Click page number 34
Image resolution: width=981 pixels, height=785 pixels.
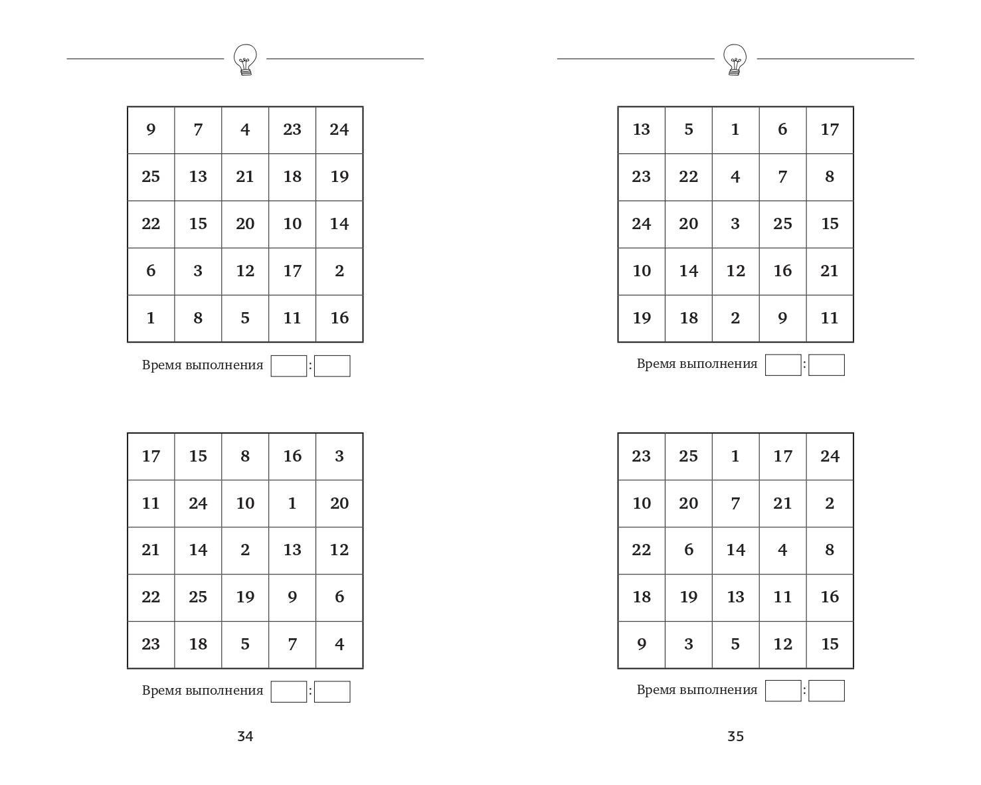click(x=245, y=736)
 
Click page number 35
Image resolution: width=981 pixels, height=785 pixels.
click(x=735, y=736)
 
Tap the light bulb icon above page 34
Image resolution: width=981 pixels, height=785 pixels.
click(x=245, y=60)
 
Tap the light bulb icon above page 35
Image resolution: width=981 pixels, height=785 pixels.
click(x=735, y=60)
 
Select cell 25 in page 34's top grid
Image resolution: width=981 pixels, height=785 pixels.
click(x=151, y=177)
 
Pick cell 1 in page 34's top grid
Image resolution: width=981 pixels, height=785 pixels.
click(x=151, y=318)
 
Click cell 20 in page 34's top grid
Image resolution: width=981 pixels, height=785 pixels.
click(x=245, y=224)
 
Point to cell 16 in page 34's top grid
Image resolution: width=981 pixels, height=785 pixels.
click(x=339, y=318)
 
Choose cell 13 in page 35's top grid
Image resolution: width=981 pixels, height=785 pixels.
click(x=641, y=130)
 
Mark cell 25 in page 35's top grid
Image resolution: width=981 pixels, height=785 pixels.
click(x=782, y=224)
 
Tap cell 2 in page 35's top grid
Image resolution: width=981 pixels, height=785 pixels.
click(x=735, y=318)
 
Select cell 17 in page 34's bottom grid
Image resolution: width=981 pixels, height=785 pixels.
click(x=151, y=456)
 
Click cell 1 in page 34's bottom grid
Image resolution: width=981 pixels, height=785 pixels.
click(x=292, y=503)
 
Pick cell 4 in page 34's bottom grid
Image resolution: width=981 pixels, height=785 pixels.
click(x=339, y=644)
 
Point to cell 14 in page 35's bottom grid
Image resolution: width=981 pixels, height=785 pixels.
click(x=735, y=550)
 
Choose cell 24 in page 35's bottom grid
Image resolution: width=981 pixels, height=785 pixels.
click(x=830, y=456)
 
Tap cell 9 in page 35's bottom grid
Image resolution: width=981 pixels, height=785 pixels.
click(x=641, y=644)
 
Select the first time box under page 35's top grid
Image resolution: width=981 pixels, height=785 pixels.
click(x=783, y=365)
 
